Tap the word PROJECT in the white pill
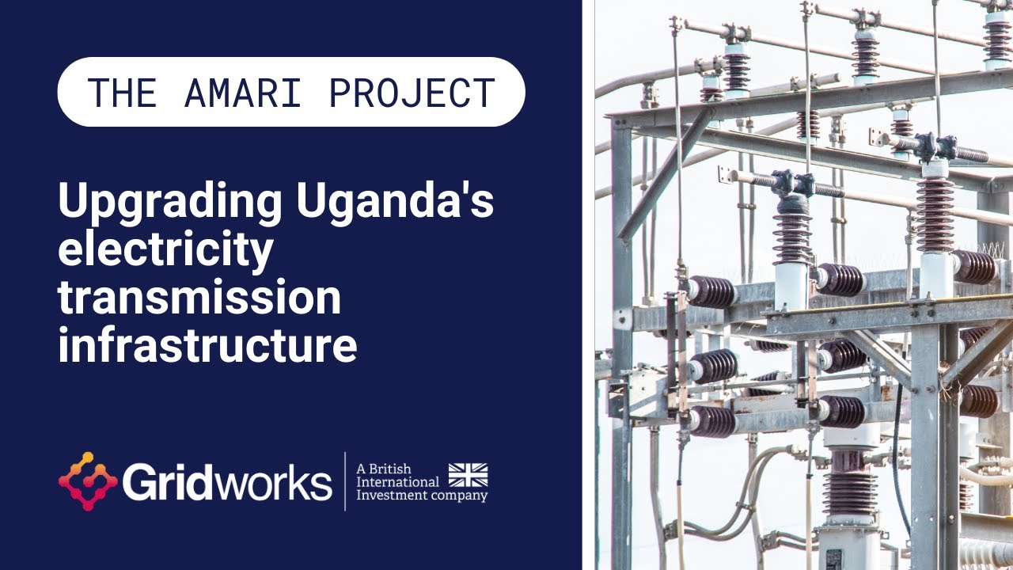point(412,93)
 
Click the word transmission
point(199,298)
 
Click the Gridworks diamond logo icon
point(88,481)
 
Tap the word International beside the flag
point(398,481)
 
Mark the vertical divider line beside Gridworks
point(344,481)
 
